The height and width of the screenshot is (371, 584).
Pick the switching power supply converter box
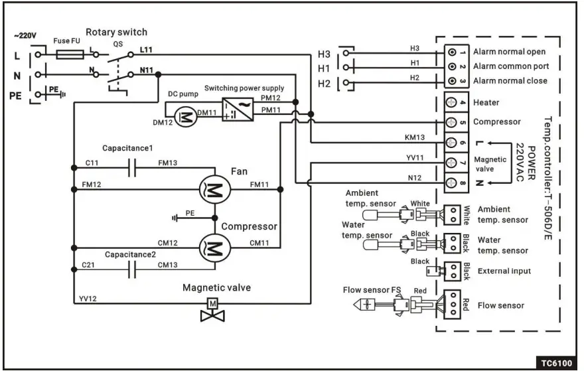(236, 110)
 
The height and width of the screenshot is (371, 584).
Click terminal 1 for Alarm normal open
(453, 52)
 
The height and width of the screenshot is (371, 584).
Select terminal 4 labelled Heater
(453, 103)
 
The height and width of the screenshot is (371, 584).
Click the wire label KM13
(415, 137)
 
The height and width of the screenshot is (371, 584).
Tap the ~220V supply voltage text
(27, 35)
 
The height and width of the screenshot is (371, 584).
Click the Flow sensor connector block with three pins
(453, 305)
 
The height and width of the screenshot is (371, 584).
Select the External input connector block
(453, 270)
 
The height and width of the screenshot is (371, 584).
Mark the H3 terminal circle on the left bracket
(345, 52)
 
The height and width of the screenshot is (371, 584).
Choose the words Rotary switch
(116, 33)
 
